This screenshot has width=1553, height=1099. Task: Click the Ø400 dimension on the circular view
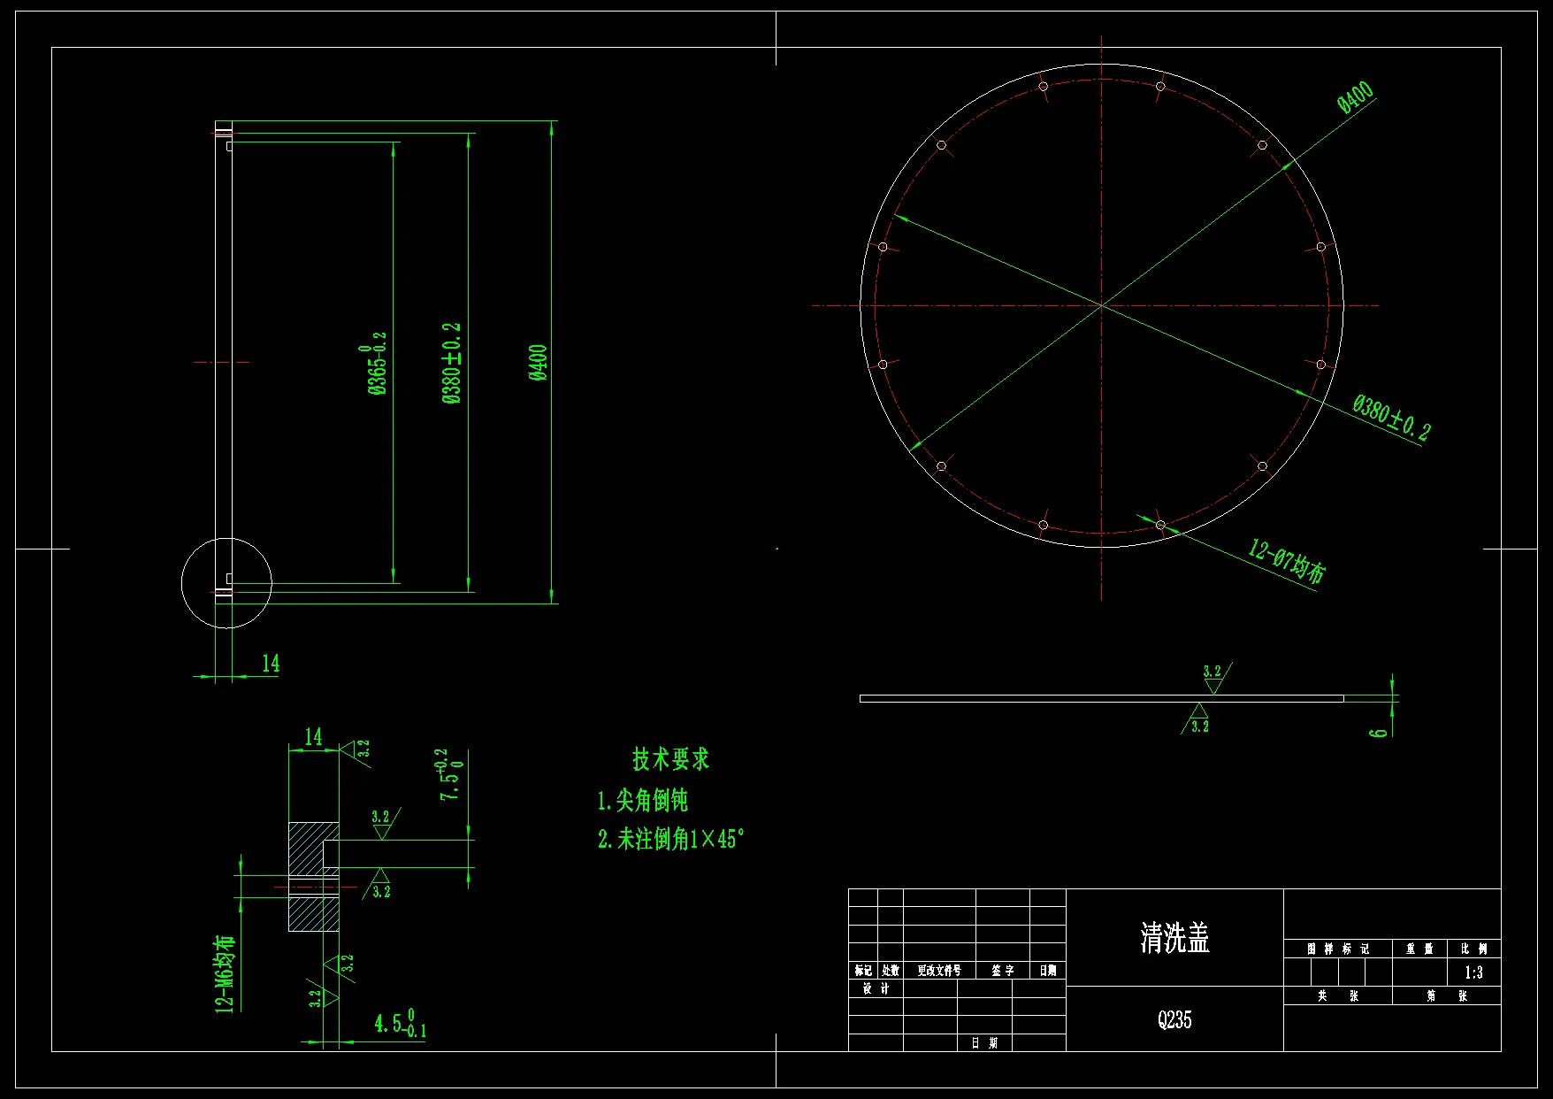click(x=1355, y=97)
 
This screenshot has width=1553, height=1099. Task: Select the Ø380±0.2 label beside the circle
click(x=1390, y=418)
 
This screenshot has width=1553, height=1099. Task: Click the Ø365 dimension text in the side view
click(x=377, y=364)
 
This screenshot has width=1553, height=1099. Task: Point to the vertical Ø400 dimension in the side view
click(x=539, y=363)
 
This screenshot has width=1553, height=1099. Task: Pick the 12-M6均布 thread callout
click(x=226, y=972)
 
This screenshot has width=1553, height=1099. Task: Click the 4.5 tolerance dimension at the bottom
click(x=400, y=1024)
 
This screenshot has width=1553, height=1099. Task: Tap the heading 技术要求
click(x=670, y=759)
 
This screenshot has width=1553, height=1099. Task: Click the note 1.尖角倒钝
click(x=642, y=801)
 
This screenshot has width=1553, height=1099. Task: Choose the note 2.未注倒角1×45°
click(x=670, y=839)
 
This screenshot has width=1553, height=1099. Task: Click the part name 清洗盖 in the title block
click(x=1174, y=938)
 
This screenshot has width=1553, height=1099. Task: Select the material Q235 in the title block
click(x=1174, y=1020)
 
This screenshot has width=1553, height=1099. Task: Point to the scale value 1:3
click(x=1473, y=972)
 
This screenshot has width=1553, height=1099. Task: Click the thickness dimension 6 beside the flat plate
click(x=1379, y=732)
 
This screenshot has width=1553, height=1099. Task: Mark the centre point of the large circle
click(x=1102, y=305)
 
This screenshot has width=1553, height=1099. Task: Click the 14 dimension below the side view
click(x=271, y=664)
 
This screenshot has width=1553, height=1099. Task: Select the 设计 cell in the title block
click(x=876, y=989)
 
